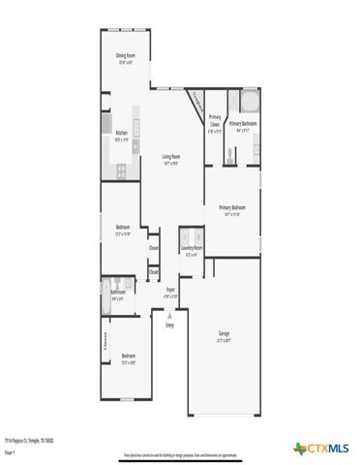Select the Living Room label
172,158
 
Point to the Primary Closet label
214,122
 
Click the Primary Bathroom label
243,125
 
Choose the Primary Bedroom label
231,208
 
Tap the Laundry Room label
193,249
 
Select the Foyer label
170,290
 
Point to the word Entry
170,325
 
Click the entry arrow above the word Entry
170,314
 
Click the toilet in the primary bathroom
228,152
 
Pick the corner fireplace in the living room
195,100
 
